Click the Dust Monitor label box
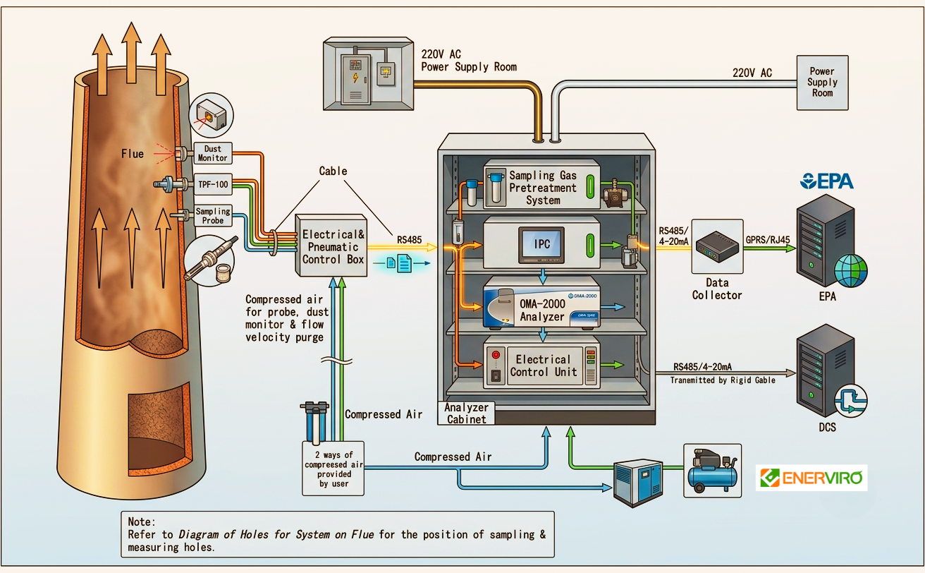tap(213, 153)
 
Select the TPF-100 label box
tap(213, 184)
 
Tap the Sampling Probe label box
tap(213, 215)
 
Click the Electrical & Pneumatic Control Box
tap(331, 246)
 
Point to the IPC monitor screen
tap(541, 244)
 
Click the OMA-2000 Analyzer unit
tap(541, 303)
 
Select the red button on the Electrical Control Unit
tap(496, 355)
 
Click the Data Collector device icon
tap(717, 247)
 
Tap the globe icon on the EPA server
tap(851, 271)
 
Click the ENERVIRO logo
tap(811, 478)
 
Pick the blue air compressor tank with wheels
tap(712, 471)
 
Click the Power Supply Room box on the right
tap(822, 83)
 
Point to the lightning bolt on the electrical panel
tap(355, 77)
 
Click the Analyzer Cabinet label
tap(466, 413)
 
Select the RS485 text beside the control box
tap(409, 240)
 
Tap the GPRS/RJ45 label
tap(768, 240)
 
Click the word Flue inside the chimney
tap(133, 154)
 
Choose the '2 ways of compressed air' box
tap(333, 469)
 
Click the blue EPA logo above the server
tap(827, 181)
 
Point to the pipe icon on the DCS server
tap(851, 401)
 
